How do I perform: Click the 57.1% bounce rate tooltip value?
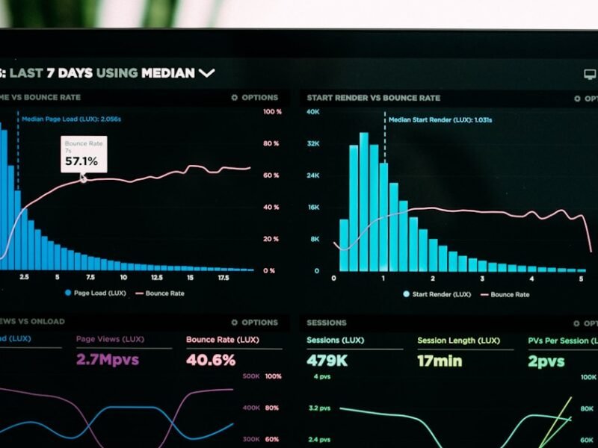81,161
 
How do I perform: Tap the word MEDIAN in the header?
168,73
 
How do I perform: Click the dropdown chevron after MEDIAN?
206,73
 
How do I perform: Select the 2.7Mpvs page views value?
108,360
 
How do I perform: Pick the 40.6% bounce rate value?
211,360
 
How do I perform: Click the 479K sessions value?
327,361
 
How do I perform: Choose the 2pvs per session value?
546,361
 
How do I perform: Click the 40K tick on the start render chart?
312,112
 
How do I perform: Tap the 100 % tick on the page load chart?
272,112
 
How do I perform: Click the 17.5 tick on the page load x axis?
223,277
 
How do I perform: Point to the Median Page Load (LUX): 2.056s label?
71,119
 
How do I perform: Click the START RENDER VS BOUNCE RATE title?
373,98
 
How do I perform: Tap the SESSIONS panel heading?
326,323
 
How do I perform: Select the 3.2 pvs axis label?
319,408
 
